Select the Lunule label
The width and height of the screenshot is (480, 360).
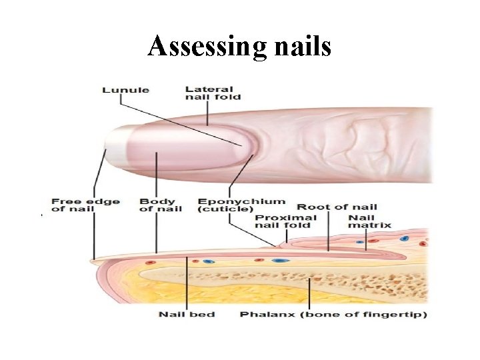125,90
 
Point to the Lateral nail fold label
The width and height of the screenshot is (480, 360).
209,93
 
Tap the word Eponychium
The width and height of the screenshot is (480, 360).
241,201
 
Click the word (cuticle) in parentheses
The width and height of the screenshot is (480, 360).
225,209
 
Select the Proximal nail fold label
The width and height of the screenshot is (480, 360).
283,221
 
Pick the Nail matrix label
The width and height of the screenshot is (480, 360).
361,221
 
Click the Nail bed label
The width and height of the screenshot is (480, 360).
186,313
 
